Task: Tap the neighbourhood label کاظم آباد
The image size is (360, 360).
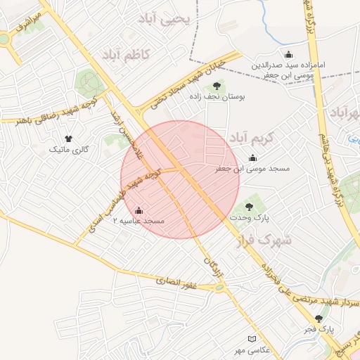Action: click(x=127, y=55)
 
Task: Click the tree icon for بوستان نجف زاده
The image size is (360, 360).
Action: click(x=215, y=86)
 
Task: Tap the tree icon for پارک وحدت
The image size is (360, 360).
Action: click(x=248, y=206)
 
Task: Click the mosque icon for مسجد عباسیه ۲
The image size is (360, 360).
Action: click(x=139, y=210)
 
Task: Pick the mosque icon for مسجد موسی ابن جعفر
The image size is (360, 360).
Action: click(x=252, y=157)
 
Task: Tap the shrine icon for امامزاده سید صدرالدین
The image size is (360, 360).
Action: click(x=288, y=55)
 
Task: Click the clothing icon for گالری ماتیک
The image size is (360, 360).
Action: click(x=68, y=139)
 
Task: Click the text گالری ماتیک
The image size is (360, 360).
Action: click(x=68, y=150)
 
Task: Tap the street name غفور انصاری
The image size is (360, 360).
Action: click(x=178, y=283)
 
